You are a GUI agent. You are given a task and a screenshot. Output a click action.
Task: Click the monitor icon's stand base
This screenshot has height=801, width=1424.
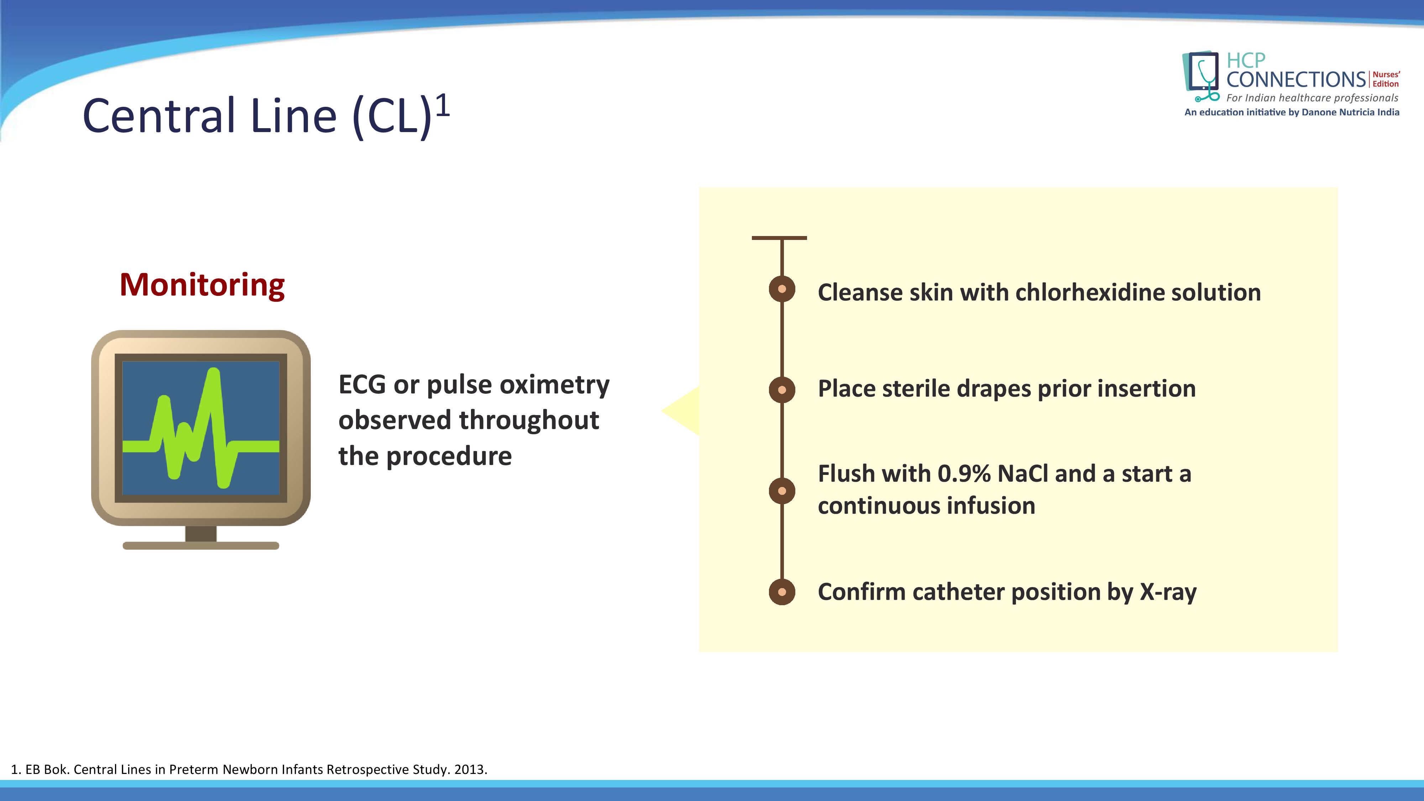[x=201, y=546]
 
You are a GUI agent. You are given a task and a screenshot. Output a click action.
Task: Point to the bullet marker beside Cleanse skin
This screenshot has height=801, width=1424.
[x=782, y=289]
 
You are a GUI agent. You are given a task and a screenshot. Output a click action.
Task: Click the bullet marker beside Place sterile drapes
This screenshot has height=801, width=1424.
[x=782, y=390]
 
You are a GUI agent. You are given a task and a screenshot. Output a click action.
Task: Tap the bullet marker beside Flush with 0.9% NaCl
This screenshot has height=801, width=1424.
[x=782, y=491]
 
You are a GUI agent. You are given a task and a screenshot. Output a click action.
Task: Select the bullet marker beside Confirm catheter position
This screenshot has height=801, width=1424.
[x=782, y=592]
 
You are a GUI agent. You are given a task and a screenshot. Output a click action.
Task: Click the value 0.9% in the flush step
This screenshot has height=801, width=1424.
[x=964, y=474]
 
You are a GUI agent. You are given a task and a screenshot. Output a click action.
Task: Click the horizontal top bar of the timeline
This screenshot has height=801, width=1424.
[x=779, y=238]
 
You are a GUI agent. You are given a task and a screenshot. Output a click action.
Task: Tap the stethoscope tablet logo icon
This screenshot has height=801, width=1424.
[x=1201, y=76]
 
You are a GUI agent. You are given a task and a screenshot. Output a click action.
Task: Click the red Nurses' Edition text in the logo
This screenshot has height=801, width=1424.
[x=1386, y=79]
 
